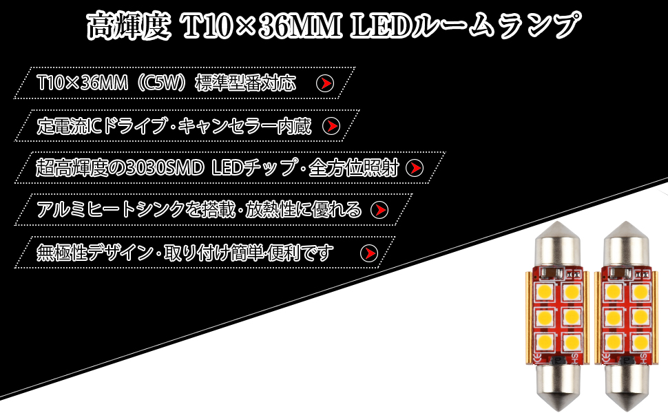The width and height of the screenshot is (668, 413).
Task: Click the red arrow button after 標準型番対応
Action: tap(324, 84)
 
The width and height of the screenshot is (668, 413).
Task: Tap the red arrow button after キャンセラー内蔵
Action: tap(332, 126)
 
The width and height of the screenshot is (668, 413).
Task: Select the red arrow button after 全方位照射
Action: tap(415, 168)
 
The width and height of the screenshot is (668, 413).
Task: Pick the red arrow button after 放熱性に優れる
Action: tap(379, 209)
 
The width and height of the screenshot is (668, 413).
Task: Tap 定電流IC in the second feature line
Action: tap(70, 126)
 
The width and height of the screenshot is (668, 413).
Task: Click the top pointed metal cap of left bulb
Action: tap(556, 244)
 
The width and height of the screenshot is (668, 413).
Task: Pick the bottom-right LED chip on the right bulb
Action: tap(637, 342)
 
